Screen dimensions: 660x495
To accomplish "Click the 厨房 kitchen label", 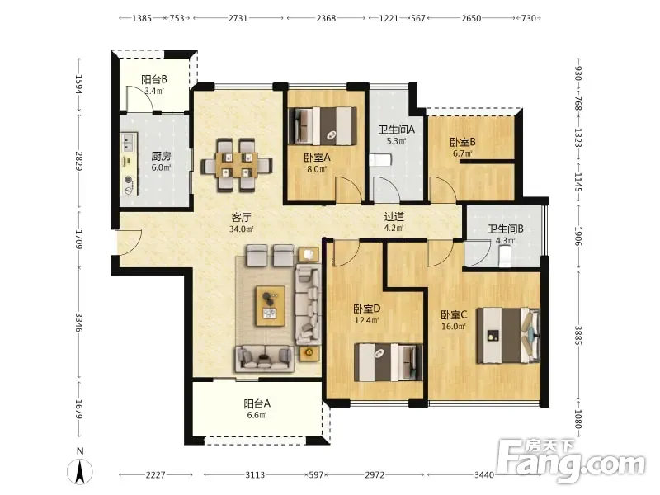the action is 161,156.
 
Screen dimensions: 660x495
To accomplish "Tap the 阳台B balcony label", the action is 154,79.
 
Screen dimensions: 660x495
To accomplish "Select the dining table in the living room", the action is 237,165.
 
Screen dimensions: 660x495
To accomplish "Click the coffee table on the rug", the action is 271,306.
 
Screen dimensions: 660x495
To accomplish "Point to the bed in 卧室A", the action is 323,126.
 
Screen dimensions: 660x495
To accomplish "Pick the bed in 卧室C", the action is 508,336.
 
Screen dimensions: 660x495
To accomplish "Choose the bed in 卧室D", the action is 389,362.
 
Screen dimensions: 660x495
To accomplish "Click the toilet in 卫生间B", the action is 504,256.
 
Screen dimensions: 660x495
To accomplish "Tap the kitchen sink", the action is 129,143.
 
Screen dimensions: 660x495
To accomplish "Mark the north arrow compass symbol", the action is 80,470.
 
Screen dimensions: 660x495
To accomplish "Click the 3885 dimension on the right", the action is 578,336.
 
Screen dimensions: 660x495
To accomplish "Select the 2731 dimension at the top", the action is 238,18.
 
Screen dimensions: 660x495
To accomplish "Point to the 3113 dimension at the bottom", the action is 255,475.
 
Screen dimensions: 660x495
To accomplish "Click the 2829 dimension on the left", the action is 78,160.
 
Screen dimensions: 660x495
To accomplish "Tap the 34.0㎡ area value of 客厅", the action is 241,229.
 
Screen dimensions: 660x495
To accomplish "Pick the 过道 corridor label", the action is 394,217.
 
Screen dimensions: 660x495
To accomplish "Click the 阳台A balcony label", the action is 257,403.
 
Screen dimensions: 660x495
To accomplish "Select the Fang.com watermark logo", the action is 571,461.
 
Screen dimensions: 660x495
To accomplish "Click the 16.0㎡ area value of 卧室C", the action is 453,326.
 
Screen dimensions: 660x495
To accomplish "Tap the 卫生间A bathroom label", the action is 396,130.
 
